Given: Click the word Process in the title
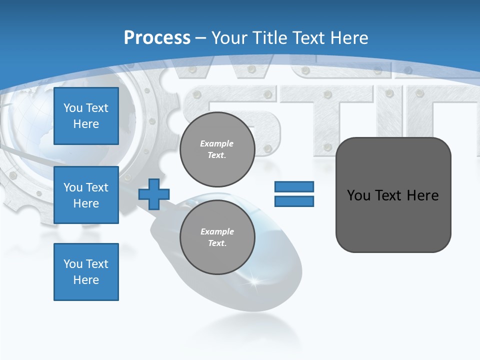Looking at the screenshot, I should point(157,38).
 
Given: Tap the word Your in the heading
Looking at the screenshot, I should point(229,38).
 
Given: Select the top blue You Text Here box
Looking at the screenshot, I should point(86,116).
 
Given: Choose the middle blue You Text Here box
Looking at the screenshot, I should point(86,195).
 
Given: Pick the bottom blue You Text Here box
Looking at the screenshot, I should point(86,272).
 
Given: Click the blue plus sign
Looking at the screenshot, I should point(154,194).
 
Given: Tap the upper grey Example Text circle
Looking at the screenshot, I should point(217,149).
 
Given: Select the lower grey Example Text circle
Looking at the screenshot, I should point(217,237).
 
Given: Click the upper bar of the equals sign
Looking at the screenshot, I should point(294,187).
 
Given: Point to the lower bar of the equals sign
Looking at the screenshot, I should point(294,201).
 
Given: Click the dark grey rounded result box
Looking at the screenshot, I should point(393,195).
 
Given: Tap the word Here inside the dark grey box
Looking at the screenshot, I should point(422,195).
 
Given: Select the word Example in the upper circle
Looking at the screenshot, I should point(216,143).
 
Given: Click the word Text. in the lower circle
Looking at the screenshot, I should point(217,243).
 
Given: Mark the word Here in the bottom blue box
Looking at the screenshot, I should point(86,280).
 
